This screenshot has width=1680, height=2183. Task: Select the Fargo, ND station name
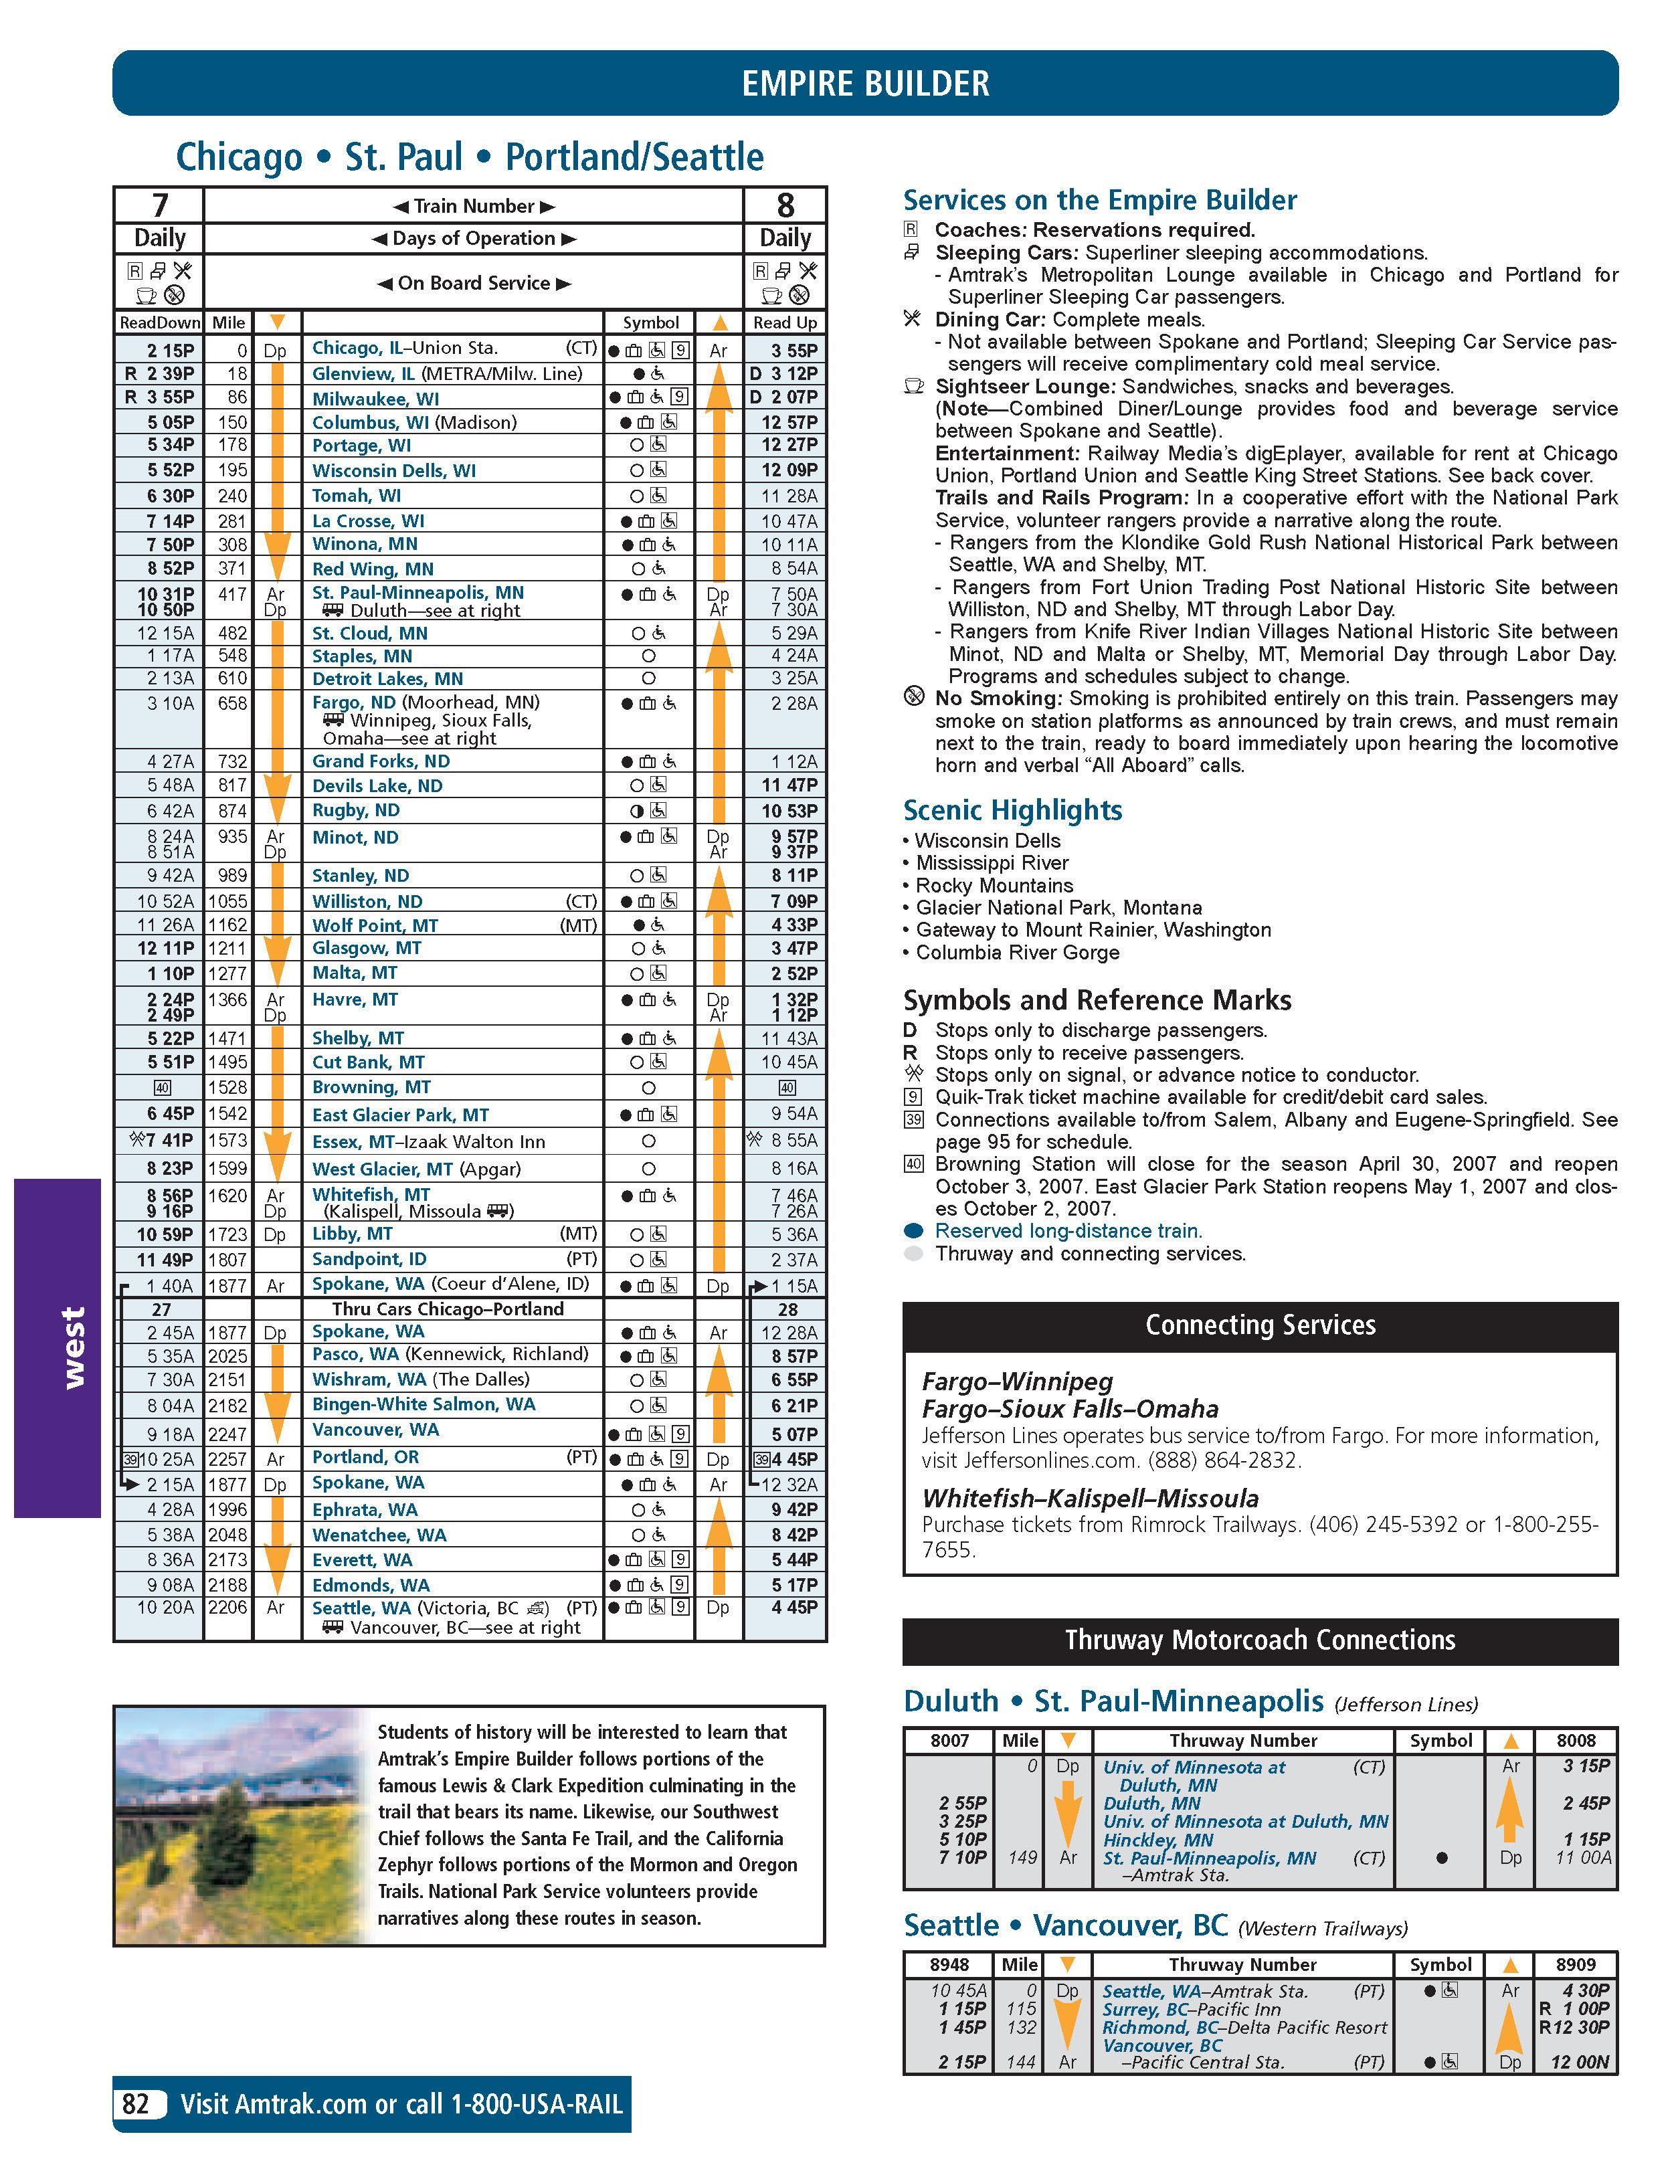pyautogui.click(x=354, y=702)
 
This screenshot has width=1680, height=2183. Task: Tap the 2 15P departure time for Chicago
pyautogui.click(x=171, y=350)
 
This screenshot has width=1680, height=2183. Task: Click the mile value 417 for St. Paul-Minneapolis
pyautogui.click(x=232, y=593)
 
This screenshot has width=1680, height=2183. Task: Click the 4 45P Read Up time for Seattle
pyautogui.click(x=795, y=1607)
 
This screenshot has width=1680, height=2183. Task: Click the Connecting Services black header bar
pyautogui.click(x=1259, y=1325)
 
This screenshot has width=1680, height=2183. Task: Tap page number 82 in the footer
pyautogui.click(x=135, y=2104)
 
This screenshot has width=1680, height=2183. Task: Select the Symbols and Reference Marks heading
pyautogui.click(x=1097, y=1000)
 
